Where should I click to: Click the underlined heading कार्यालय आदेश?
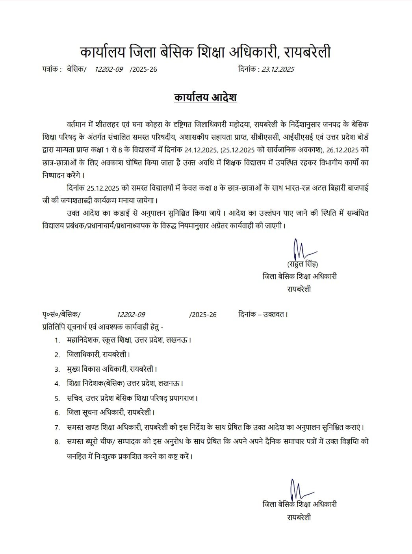(x=205, y=98)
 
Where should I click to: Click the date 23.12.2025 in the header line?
(x=278, y=69)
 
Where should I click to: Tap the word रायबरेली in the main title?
(x=308, y=52)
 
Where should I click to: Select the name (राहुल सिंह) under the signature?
(x=303, y=264)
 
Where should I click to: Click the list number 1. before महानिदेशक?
(x=58, y=340)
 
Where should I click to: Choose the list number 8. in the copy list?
(x=58, y=442)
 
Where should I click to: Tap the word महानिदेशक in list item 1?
(x=83, y=340)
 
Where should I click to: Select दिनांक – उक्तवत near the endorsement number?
(x=263, y=315)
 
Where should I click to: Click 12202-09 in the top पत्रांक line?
(x=109, y=69)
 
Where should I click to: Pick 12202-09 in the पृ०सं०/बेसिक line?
(x=131, y=315)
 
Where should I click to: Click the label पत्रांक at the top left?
(x=51, y=69)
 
